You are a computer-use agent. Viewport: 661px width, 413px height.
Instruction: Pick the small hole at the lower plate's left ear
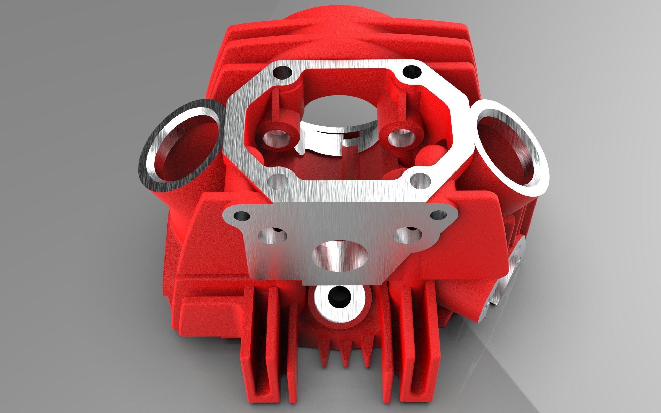click(x=242, y=216)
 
